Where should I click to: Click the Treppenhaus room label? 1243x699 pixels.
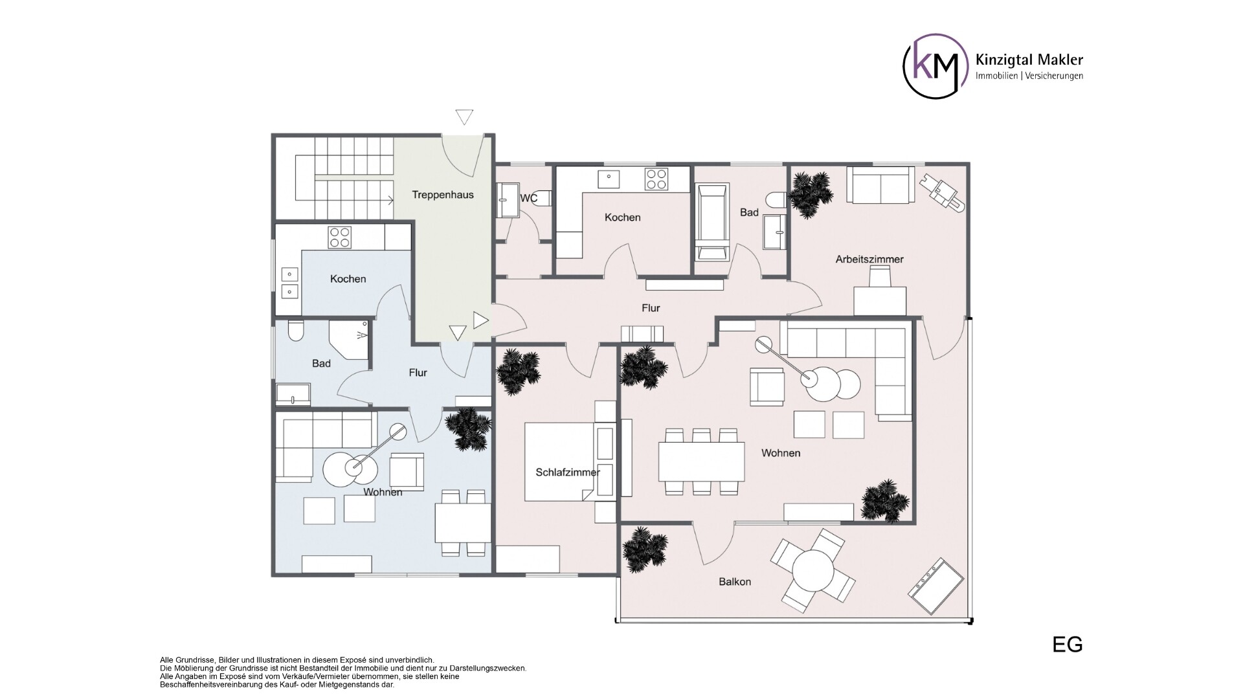point(443,195)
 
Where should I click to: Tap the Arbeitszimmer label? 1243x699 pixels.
point(869,260)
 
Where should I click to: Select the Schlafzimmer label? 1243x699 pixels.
point(567,472)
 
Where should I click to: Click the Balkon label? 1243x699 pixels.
point(735,582)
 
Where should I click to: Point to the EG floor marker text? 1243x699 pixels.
point(1067,645)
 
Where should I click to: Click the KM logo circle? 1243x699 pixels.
point(935,66)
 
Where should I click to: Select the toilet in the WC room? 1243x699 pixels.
point(541,198)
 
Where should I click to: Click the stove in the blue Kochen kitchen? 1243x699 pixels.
point(340,237)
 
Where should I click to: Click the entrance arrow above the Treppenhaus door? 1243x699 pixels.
point(464,117)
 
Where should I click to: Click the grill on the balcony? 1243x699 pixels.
point(937,586)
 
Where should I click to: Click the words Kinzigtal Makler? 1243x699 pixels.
point(1029,60)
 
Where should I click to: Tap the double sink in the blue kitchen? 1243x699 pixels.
point(289,282)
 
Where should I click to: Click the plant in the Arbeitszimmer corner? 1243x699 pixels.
point(809,192)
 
